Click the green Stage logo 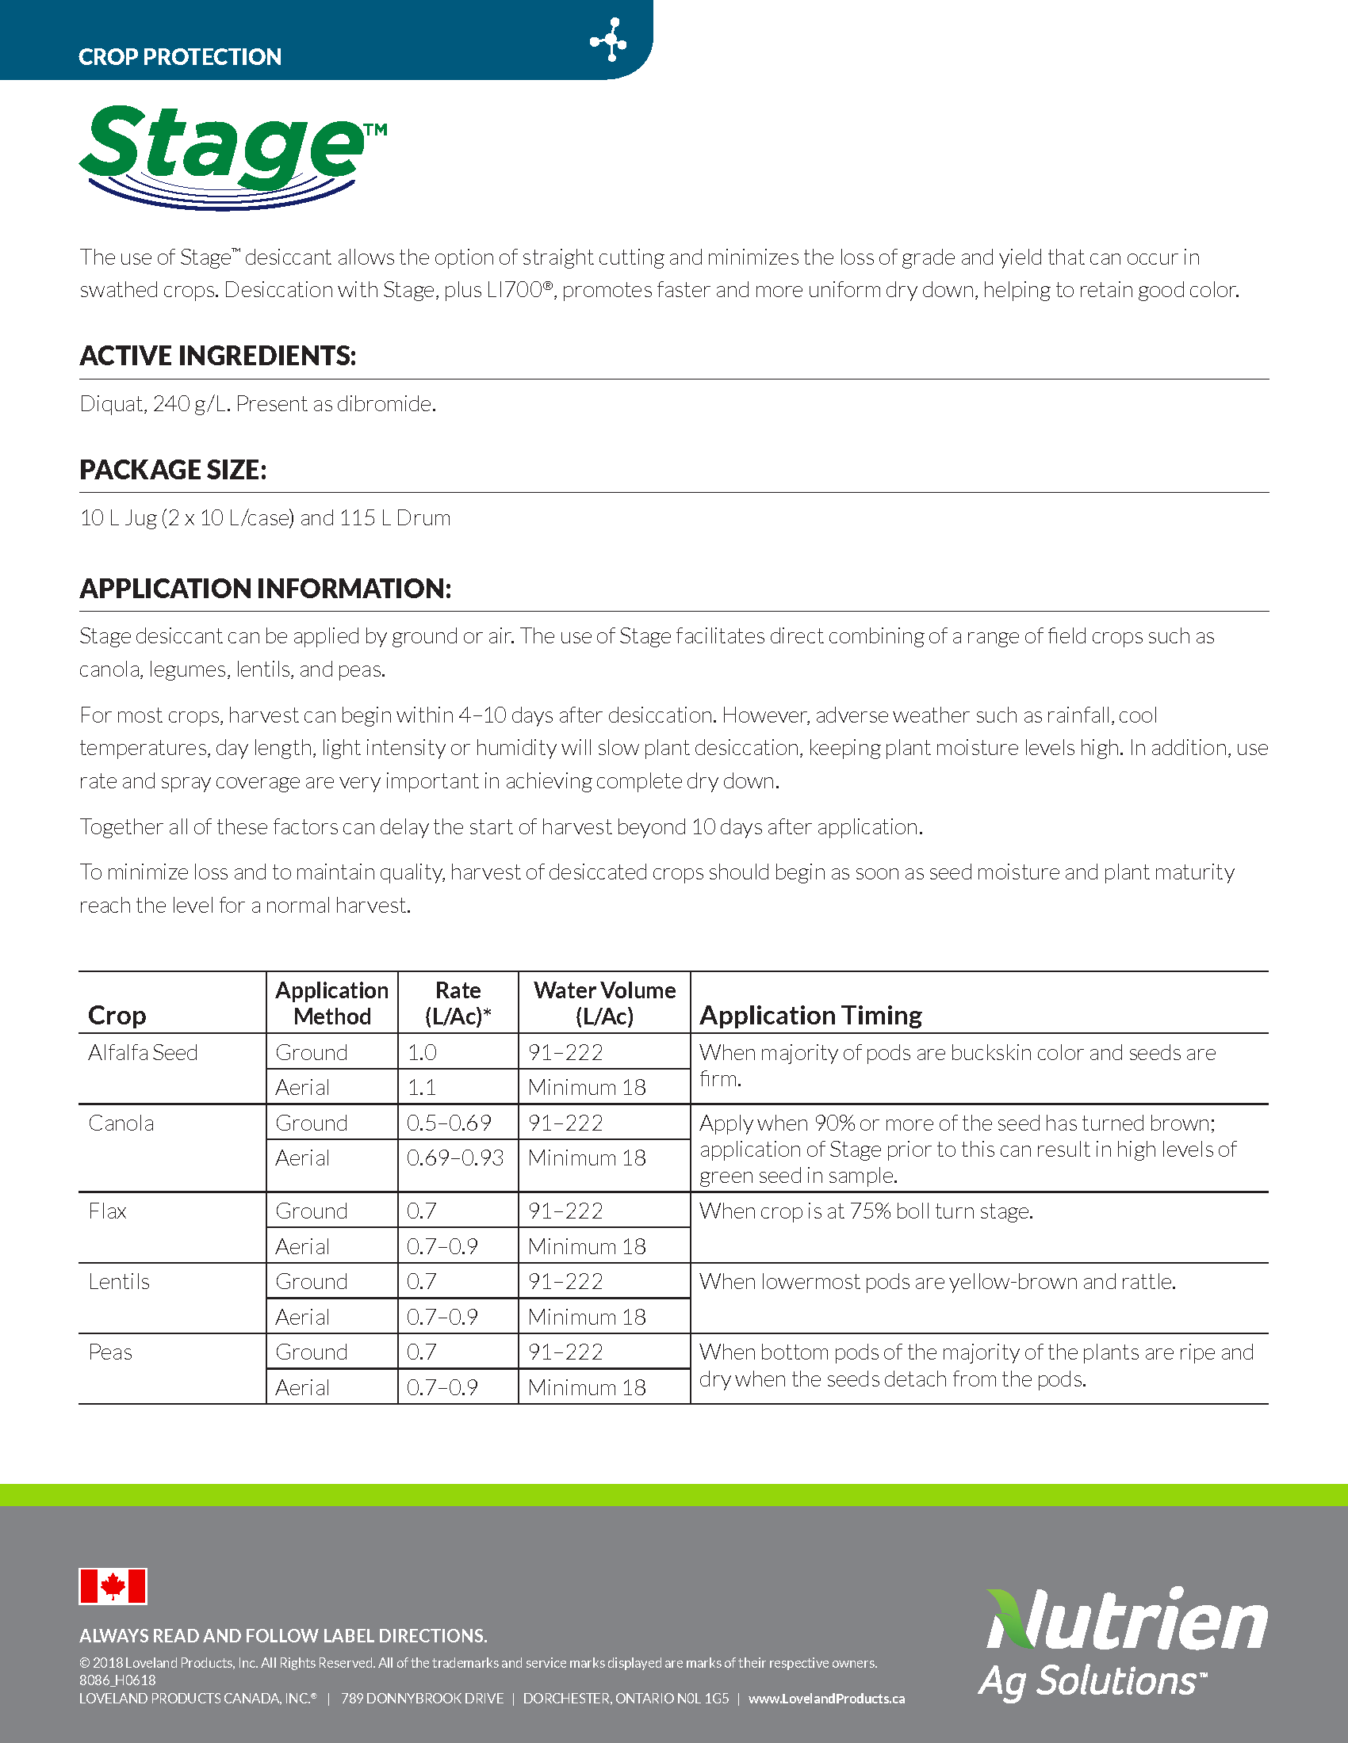(232, 155)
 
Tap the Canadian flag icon (113, 1586)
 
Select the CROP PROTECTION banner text (180, 57)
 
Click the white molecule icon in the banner (608, 40)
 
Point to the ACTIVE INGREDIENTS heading (217, 356)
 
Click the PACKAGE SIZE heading (173, 470)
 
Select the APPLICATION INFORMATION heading (265, 589)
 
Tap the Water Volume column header (604, 1003)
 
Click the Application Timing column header (810, 1015)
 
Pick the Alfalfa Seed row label (143, 1053)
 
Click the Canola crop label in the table (121, 1123)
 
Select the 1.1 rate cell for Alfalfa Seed (422, 1087)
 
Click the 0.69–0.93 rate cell (455, 1158)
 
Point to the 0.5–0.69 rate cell (449, 1123)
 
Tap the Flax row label (108, 1211)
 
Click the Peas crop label (110, 1352)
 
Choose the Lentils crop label (119, 1282)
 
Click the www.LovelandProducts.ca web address (826, 1699)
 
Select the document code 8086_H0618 (117, 1680)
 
